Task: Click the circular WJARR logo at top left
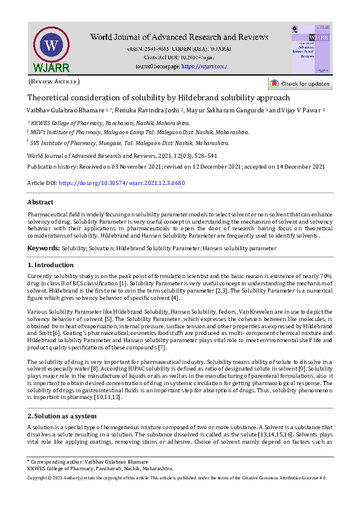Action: [x=51, y=47]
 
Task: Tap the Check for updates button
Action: [x=300, y=84]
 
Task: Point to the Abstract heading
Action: [x=41, y=203]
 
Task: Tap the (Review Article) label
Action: [x=54, y=82]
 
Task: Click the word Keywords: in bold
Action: [x=44, y=248]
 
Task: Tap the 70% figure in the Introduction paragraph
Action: [x=325, y=275]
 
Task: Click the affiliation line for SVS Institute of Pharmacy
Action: [x=130, y=143]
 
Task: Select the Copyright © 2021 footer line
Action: [x=177, y=478]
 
